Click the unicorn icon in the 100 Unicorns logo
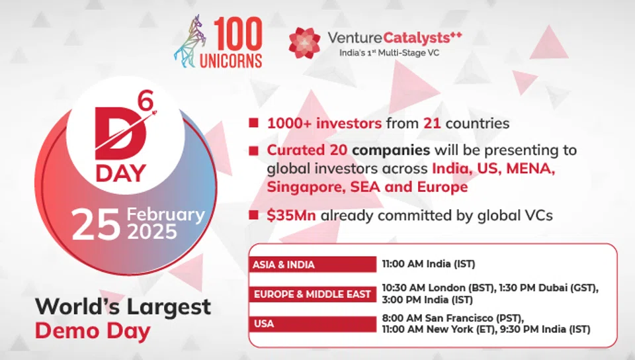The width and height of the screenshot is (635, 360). (x=191, y=42)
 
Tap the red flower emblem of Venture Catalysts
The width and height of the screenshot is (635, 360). (x=304, y=42)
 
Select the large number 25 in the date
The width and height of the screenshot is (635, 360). (x=96, y=224)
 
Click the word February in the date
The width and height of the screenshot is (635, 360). (x=165, y=214)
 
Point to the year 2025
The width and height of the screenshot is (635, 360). (x=152, y=232)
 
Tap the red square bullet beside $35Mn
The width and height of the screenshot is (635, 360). (x=254, y=214)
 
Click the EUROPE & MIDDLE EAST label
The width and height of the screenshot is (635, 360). (x=312, y=294)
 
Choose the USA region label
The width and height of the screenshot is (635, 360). (x=264, y=324)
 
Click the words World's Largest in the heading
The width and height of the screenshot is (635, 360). (x=123, y=306)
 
